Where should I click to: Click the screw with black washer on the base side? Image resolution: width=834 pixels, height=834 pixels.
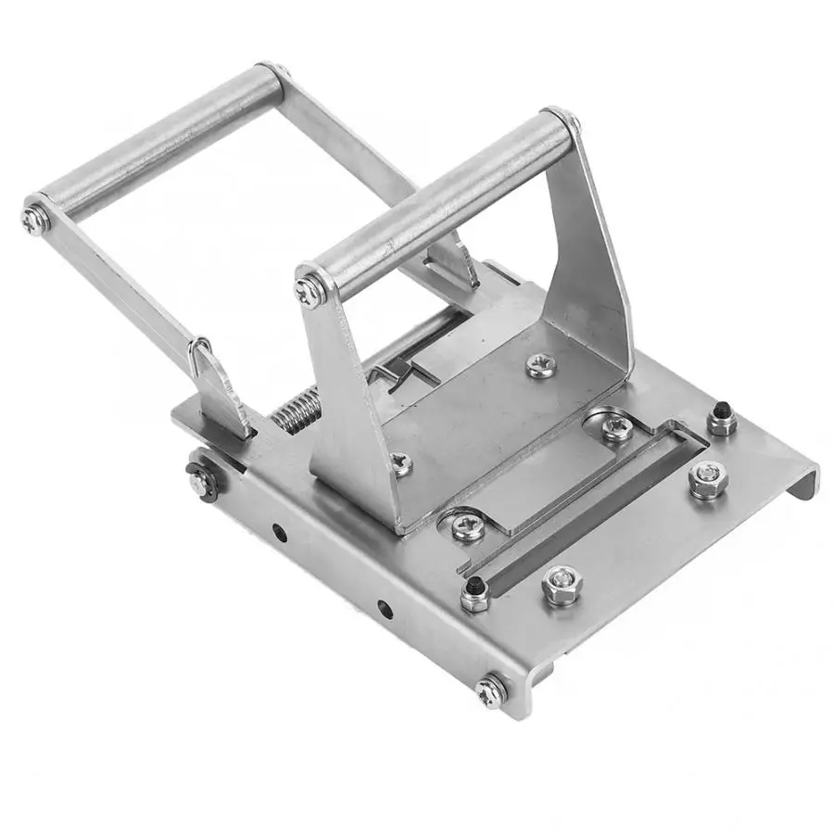coord(200,481)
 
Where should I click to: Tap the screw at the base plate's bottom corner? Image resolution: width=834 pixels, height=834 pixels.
coord(489,691)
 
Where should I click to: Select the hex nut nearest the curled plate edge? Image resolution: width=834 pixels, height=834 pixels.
coord(707,480)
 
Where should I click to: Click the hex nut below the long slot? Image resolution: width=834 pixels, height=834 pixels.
coord(562,586)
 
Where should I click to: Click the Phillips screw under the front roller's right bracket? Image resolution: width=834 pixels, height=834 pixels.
coord(541,365)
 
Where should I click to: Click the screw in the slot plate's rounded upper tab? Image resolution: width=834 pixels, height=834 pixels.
coord(615,427)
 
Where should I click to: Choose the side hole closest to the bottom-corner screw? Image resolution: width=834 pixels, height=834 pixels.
coord(384,610)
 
